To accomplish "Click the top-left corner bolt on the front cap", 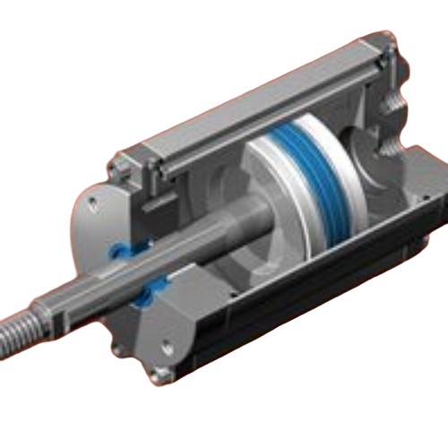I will pos(116,168).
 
